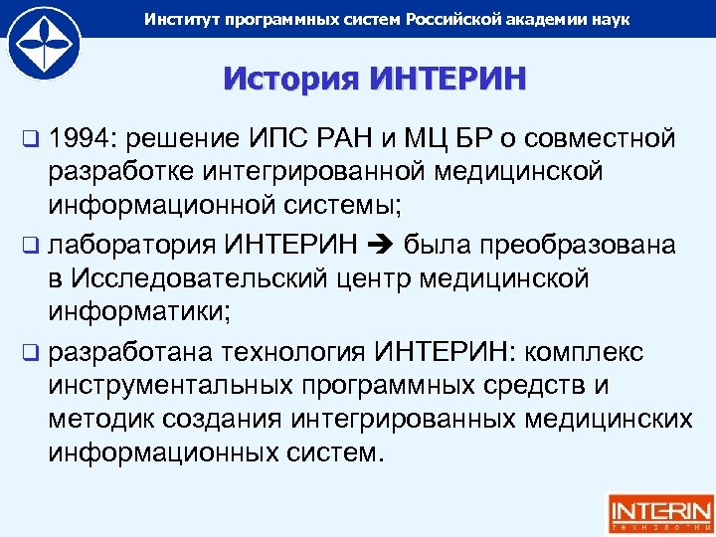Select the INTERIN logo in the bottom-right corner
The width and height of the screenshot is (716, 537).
(660, 512)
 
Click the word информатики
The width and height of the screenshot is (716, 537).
(138, 313)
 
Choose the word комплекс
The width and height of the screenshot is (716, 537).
(588, 352)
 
